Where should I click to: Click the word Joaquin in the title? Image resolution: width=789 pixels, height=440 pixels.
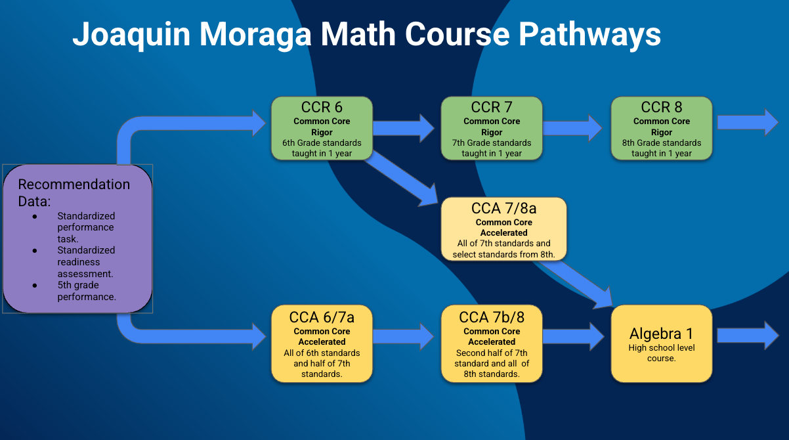coord(131,35)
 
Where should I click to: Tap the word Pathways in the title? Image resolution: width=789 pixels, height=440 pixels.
coord(589,35)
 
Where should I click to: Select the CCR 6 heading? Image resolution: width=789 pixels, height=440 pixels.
coord(322,107)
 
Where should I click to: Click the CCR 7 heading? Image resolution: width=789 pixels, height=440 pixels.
coord(492,107)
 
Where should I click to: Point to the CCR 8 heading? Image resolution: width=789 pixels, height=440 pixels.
coord(662,107)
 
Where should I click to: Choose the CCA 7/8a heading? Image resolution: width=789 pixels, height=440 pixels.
coord(503,208)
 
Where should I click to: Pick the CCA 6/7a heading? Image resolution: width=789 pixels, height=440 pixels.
coord(322,317)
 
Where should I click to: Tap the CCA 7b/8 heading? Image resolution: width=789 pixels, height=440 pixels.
coord(492,317)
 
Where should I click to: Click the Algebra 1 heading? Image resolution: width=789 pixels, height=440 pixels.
coord(662,333)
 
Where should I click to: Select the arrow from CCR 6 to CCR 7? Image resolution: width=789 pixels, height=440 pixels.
coord(404,128)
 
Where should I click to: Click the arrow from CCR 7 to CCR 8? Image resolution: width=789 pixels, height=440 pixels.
coord(573,128)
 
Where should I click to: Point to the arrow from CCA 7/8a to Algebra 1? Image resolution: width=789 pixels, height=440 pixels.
coord(578,284)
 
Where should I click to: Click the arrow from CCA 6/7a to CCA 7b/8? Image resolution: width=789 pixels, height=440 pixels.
coord(404,336)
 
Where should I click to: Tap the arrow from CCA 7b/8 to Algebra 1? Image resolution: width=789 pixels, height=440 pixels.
coord(574,336)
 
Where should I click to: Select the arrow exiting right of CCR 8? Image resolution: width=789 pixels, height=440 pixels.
coord(748,122)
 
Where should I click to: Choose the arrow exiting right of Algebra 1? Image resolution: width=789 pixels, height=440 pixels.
coord(748,336)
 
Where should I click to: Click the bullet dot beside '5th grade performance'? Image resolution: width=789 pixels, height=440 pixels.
coord(35,286)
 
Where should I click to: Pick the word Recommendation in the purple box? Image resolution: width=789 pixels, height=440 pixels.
coord(74,185)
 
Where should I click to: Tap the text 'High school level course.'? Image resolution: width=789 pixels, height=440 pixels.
coord(662,353)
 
